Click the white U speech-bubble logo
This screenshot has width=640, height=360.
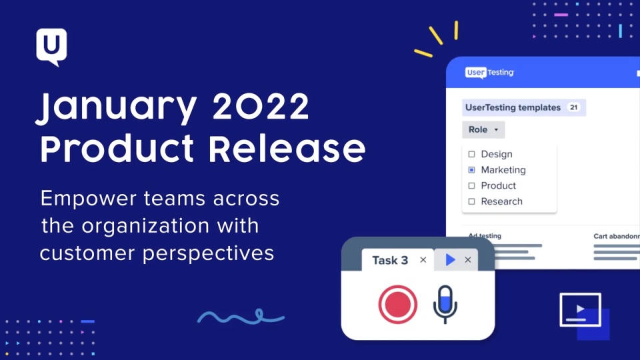point(51,46)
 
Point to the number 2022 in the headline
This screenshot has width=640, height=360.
point(261,106)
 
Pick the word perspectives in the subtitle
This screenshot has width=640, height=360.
point(208,254)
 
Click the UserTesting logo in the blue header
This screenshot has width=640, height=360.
point(489,73)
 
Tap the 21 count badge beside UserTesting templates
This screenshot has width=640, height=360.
point(573,107)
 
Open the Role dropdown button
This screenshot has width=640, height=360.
point(483,130)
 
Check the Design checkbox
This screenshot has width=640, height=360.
point(471,154)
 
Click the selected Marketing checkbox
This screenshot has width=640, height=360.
point(471,170)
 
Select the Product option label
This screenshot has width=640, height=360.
point(499,186)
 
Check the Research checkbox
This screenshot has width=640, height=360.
point(471,201)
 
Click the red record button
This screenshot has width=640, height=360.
point(397,305)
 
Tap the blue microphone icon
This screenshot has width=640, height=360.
point(445,304)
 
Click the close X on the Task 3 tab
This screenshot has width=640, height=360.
point(423,260)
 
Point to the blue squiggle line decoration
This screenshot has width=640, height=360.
point(241,316)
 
